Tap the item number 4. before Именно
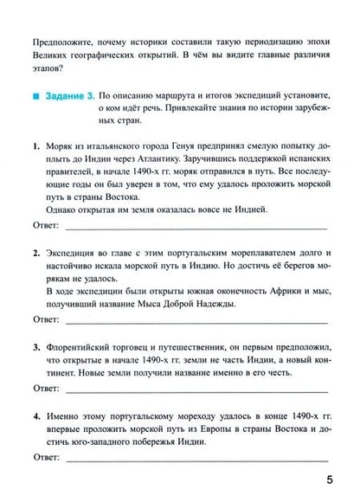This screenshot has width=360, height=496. [32, 415]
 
